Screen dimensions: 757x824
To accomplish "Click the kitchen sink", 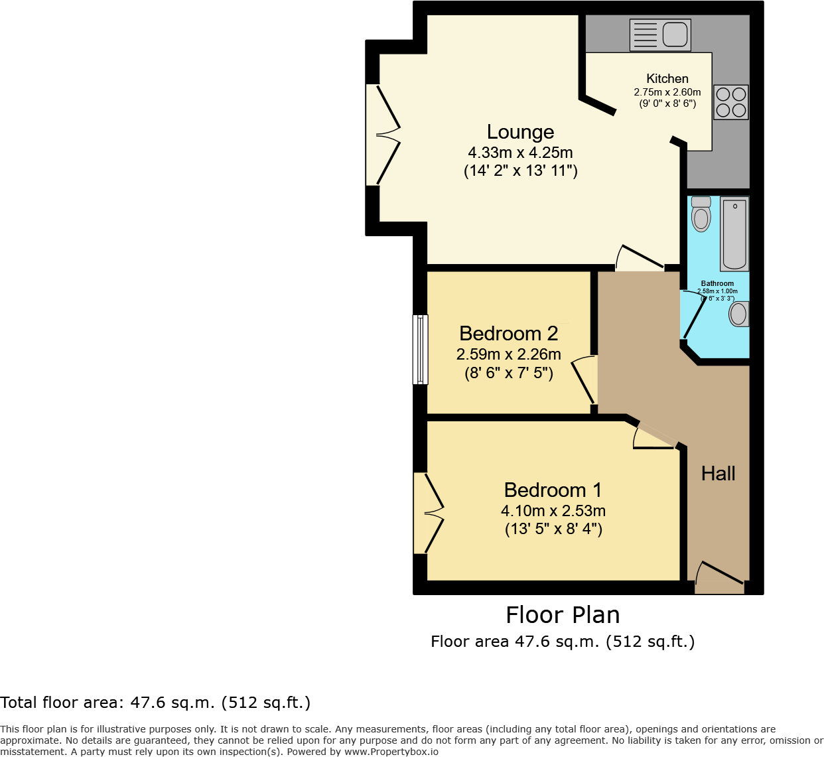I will tap(660, 34).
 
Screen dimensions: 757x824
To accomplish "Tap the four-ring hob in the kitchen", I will tap(731, 102).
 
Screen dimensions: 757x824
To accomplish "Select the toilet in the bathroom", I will tap(701, 214).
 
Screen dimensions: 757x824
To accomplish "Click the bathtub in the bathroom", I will tap(734, 234).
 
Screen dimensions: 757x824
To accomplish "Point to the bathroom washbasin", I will tap(738, 314).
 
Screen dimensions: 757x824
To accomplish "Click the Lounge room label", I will tap(520, 132).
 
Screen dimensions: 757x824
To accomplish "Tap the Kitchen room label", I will tap(667, 78).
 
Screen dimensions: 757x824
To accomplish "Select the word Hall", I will tap(718, 474).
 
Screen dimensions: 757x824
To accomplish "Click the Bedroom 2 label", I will tap(508, 333).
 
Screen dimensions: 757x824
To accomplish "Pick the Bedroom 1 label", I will tap(553, 490).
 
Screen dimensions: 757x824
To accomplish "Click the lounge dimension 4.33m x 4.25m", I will tap(520, 153).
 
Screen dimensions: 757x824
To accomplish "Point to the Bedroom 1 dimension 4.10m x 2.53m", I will tap(553, 511).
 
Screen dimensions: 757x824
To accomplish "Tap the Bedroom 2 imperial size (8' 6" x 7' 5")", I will tap(508, 373).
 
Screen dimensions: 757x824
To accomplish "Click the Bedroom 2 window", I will tap(420, 350).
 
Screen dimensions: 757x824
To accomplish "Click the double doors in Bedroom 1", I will tap(428, 512).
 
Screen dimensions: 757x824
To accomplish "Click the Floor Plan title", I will tap(563, 615).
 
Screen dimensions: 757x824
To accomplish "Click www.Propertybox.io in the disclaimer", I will tap(391, 752).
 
